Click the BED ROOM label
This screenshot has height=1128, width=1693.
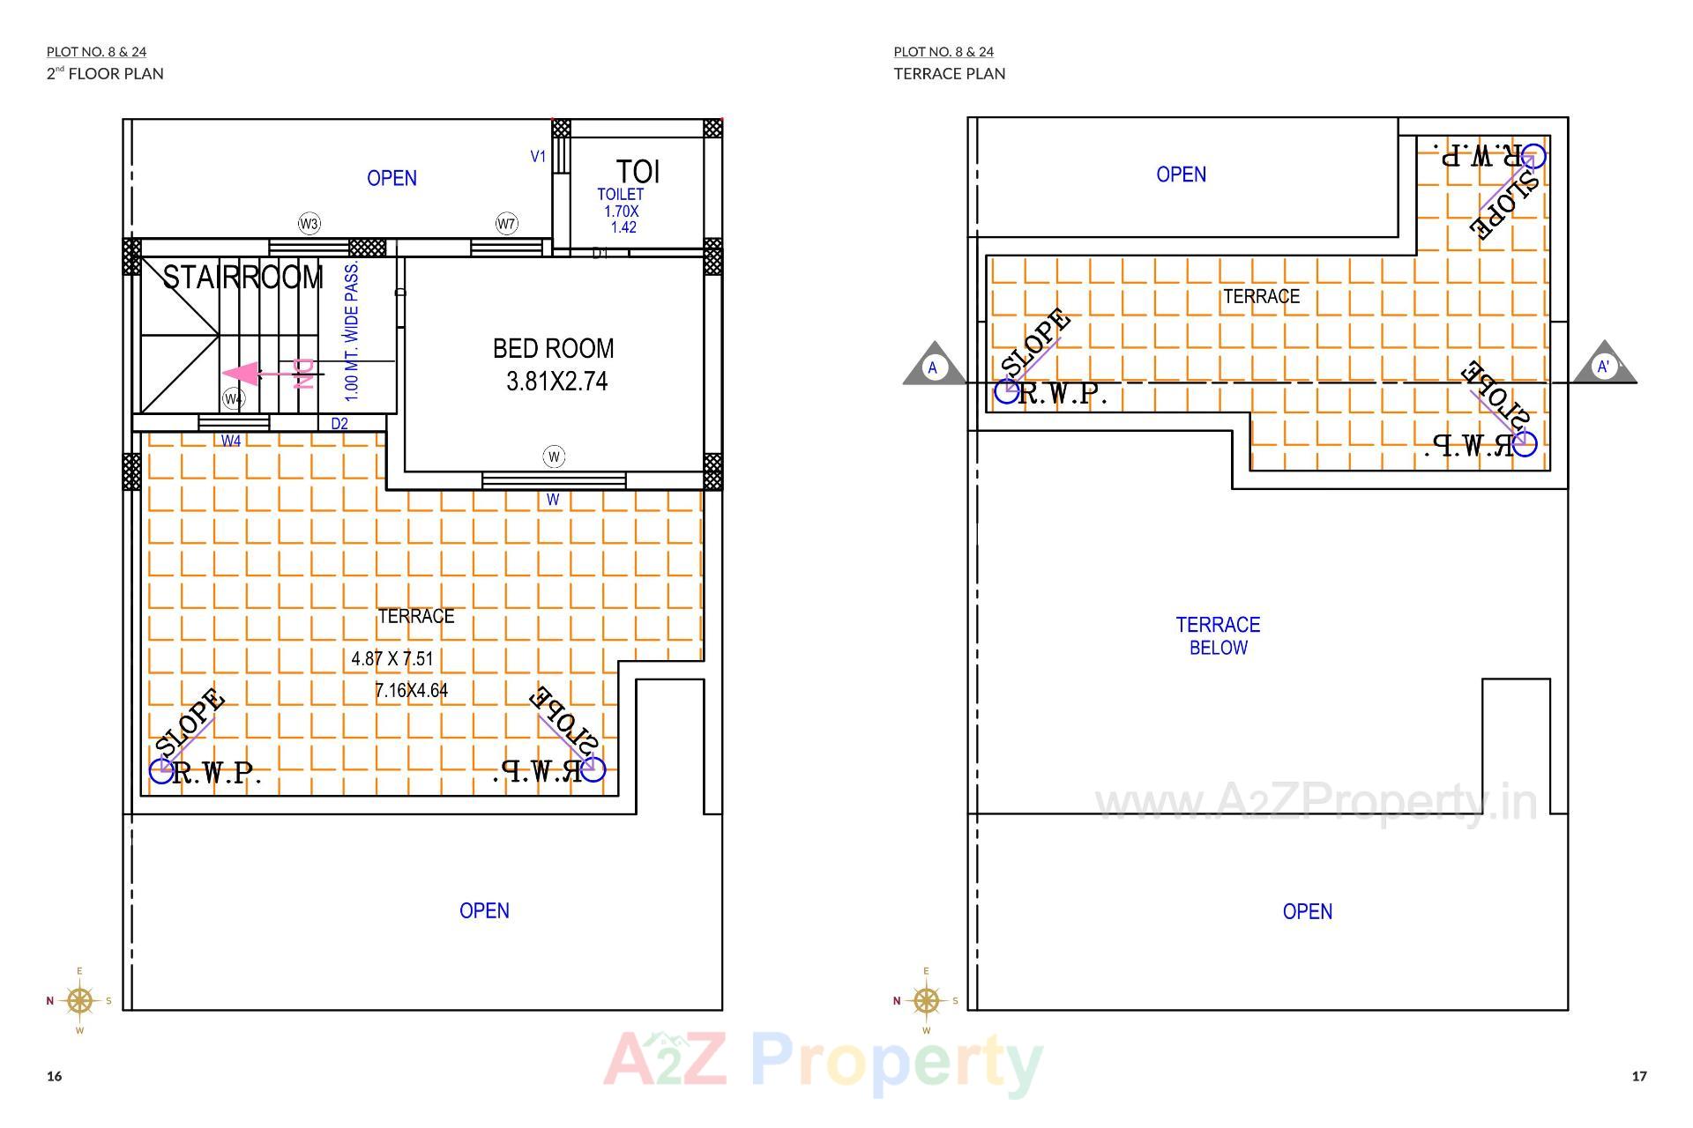(x=553, y=349)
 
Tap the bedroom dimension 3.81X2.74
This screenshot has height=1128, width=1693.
(x=556, y=382)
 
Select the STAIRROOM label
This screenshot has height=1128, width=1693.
(x=243, y=278)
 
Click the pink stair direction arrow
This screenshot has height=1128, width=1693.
(x=251, y=375)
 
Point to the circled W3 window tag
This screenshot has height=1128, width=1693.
(x=309, y=224)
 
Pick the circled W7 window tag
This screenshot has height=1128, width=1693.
(x=506, y=224)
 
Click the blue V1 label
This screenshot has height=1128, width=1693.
(x=538, y=157)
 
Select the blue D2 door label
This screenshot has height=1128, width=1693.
(x=339, y=424)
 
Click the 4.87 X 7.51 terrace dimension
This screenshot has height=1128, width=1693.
(x=392, y=658)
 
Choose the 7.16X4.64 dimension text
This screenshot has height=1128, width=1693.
(x=411, y=691)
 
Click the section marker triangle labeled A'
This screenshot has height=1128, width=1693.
(x=1604, y=366)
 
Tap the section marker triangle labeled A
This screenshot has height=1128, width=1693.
(x=933, y=367)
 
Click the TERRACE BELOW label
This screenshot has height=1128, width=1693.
(x=1218, y=635)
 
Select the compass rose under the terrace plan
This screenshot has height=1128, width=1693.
(x=926, y=1000)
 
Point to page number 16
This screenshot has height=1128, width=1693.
(x=55, y=1076)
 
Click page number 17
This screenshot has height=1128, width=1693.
(x=1638, y=1076)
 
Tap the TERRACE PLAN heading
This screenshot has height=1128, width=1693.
(x=949, y=74)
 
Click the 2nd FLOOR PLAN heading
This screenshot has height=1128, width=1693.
(x=105, y=74)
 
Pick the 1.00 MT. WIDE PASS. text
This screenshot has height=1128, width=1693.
(x=352, y=330)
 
